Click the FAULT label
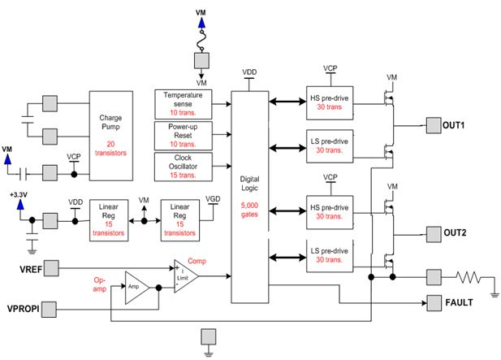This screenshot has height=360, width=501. click(460, 303)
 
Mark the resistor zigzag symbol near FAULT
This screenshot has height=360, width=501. click(470, 276)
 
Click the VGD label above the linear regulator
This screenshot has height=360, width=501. click(214, 198)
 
